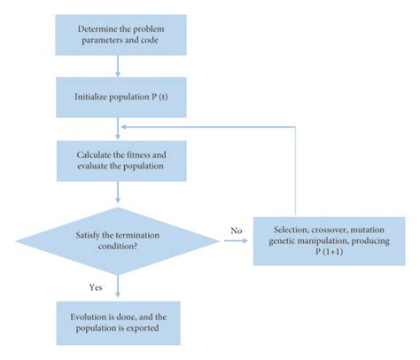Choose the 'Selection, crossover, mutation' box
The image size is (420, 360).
coord(327,239)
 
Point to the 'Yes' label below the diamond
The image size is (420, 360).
coord(95,286)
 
